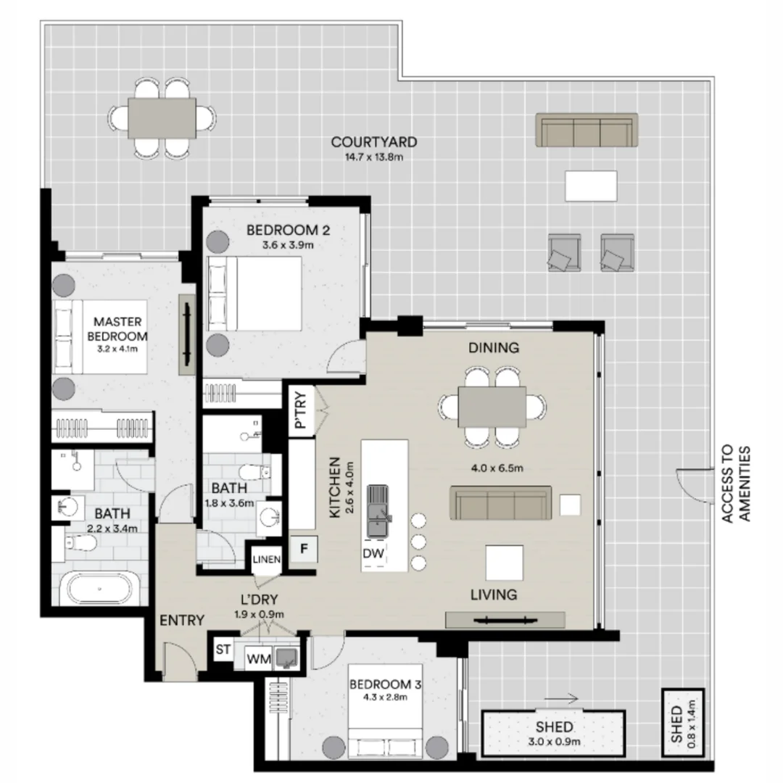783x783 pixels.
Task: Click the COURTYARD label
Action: coord(373,142)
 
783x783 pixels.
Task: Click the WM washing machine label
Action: coord(260,659)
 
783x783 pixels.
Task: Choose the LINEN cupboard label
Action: coord(266,558)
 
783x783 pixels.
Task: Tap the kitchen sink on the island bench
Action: coord(376,510)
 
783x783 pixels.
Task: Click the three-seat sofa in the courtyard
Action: coord(587,130)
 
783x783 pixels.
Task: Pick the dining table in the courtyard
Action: coord(162,117)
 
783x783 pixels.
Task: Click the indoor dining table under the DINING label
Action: coord(492,407)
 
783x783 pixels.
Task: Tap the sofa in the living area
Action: coord(502,503)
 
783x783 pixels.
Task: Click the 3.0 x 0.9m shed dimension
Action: coord(555,742)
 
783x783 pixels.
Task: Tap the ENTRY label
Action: coord(181,620)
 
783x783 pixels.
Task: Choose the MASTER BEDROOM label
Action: coord(117,328)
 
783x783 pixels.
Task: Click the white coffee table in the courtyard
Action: coord(591,186)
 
